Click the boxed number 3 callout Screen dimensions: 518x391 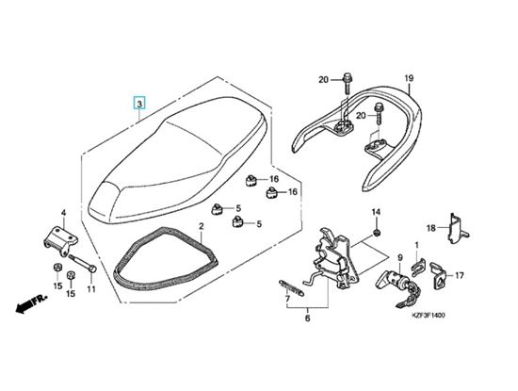click(139, 104)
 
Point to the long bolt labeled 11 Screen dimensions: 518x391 click(83, 263)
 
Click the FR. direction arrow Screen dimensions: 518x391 click(31, 304)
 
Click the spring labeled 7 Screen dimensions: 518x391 click(292, 287)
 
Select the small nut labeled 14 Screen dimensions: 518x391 click(377, 233)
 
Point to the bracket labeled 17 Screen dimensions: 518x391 click(438, 277)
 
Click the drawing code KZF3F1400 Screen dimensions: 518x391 click(429, 315)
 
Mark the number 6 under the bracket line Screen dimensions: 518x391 click(308, 318)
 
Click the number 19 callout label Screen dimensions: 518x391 click(409, 78)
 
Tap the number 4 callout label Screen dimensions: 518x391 click(63, 213)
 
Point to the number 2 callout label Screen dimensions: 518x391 click(202, 227)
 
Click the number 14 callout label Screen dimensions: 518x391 click(377, 212)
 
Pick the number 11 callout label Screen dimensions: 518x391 click(91, 289)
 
